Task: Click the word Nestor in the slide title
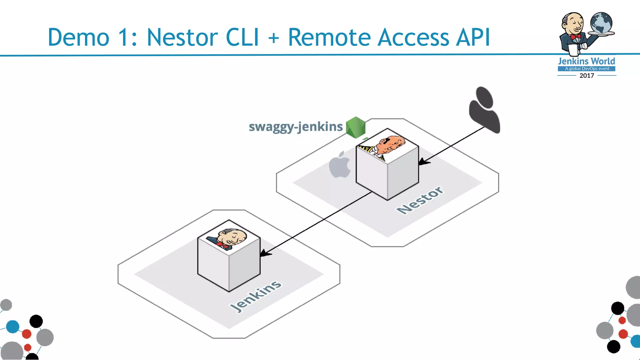point(182,37)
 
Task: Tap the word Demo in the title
point(78,37)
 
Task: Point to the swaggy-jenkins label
point(296,127)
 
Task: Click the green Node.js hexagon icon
point(356,127)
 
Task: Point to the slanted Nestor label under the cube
point(420,200)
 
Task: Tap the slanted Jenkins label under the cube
point(256,296)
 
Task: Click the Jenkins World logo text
point(587,61)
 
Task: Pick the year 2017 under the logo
point(587,76)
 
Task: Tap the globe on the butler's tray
point(601,23)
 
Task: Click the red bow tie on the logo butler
point(575,37)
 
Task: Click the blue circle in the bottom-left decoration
point(13,327)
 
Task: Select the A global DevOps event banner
point(587,69)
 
